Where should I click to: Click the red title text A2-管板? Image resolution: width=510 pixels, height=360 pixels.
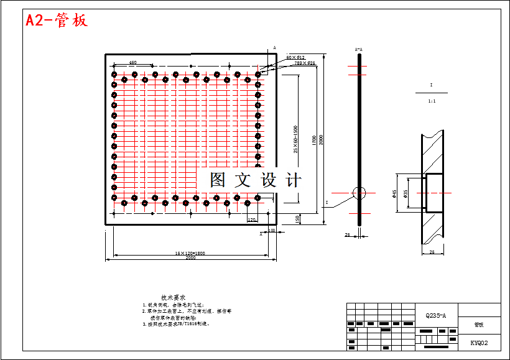(57, 20)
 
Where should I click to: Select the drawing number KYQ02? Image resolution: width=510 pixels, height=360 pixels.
(479, 343)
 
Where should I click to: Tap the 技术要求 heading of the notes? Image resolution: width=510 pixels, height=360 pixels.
(174, 298)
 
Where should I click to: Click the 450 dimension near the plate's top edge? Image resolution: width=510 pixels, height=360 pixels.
(133, 63)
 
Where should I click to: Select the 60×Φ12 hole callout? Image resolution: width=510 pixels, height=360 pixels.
(295, 57)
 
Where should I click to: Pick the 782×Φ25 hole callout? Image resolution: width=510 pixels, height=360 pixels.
(305, 63)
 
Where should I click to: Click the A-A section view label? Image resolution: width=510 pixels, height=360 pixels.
(358, 48)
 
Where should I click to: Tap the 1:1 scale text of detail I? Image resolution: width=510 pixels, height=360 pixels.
(432, 100)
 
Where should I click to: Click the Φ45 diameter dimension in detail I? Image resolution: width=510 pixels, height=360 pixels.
(394, 194)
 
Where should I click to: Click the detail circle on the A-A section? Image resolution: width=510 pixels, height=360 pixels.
(359, 193)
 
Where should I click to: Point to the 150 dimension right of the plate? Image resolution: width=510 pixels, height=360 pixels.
(297, 219)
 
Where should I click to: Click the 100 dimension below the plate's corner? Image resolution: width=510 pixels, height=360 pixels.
(271, 231)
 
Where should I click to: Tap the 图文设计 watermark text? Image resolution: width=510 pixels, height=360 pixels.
(255, 180)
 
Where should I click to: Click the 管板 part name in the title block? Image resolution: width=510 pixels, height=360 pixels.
(478, 325)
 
